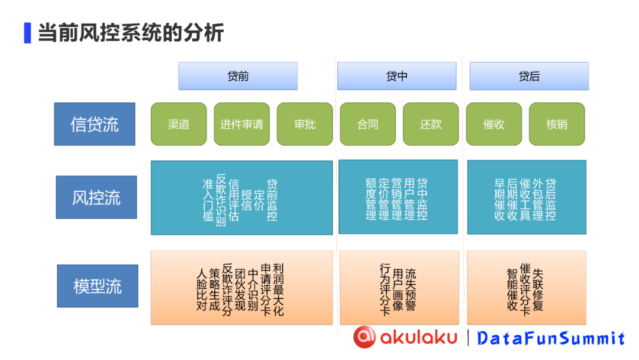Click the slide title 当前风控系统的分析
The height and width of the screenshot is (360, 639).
(130, 32)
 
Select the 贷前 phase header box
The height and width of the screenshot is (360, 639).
(238, 76)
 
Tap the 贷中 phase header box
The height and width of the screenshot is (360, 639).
(396, 76)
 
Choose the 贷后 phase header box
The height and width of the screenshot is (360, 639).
(529, 76)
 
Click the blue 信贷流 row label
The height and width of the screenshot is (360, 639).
(95, 124)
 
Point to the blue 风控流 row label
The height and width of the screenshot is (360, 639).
(96, 197)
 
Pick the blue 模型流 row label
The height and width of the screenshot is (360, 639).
(98, 286)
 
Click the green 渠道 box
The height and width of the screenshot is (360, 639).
(179, 124)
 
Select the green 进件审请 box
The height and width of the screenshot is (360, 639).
(241, 124)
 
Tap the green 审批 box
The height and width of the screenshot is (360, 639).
(305, 124)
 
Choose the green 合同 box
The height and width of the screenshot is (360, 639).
(367, 124)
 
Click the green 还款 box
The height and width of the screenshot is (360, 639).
(431, 124)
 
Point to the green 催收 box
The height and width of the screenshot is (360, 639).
(493, 124)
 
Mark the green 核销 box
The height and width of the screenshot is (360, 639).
(557, 124)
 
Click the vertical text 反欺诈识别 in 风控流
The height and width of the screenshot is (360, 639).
(221, 200)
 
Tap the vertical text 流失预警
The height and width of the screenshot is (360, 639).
(411, 290)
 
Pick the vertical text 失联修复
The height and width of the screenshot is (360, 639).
(538, 290)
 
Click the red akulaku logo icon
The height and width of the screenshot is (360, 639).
(364, 336)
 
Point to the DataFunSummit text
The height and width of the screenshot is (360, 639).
(551, 338)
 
